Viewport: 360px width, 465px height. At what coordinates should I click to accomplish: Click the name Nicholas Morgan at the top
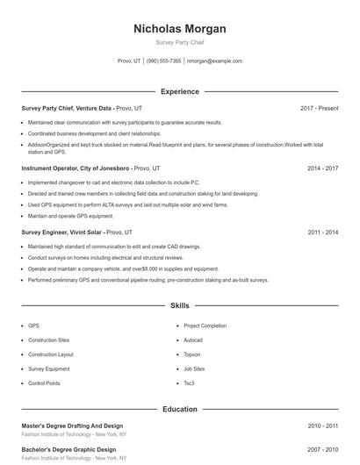pos(179,29)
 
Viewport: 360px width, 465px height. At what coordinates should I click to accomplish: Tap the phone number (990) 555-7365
pos(164,61)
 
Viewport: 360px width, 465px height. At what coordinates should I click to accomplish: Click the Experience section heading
pos(179,91)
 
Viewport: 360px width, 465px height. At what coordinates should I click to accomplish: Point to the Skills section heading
pos(179,306)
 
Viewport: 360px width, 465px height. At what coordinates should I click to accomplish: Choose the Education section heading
pos(179,409)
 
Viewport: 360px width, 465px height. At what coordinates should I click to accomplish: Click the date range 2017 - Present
pos(319,108)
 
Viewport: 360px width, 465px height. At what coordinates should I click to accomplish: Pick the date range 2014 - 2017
pos(322,167)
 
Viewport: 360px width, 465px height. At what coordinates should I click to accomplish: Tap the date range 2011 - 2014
pos(322,232)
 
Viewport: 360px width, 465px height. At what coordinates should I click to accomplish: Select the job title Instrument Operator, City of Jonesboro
pos(76,167)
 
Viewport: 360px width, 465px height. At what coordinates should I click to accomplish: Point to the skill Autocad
pos(193,340)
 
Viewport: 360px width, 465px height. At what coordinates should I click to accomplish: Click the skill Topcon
pos(191,354)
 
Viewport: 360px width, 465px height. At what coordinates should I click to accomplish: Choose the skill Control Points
pos(44,383)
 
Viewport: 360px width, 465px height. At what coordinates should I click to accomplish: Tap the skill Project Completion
pos(205,325)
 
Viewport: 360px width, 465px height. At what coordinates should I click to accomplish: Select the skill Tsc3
pos(189,383)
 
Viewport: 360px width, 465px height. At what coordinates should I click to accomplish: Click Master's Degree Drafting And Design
pos(72,426)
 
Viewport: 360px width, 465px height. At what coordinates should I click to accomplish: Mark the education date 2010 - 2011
pos(322,426)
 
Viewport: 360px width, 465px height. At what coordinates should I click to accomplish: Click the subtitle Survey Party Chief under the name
pos(179,42)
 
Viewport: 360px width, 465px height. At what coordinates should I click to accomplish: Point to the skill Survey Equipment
pos(48,369)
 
